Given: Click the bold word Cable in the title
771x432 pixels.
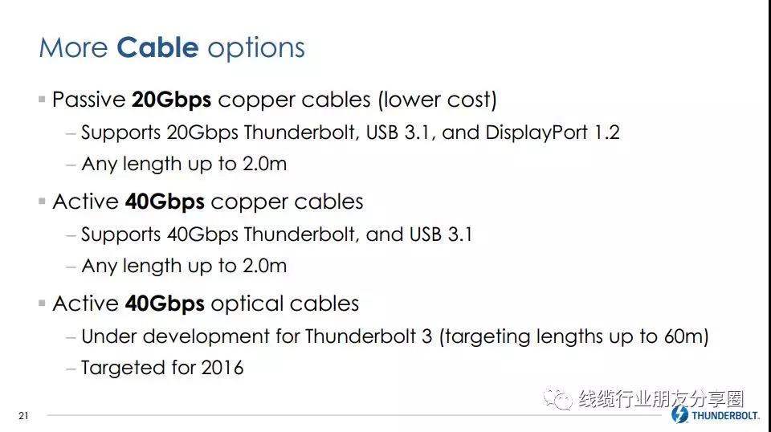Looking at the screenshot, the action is pyautogui.click(x=157, y=47).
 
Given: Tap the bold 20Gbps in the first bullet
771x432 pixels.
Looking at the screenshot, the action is pyautogui.click(x=171, y=100).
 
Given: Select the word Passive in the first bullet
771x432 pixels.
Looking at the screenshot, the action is pyautogui.click(x=89, y=100).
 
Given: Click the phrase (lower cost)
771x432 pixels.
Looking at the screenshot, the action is pyautogui.click(x=437, y=100).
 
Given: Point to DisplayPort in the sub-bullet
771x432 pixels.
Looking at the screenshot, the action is pyautogui.click(x=536, y=132).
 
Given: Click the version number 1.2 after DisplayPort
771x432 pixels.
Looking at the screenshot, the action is pyautogui.click(x=607, y=132).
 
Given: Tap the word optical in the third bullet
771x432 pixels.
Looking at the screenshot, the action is pyautogui.click(x=247, y=304).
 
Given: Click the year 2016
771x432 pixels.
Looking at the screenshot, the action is pyautogui.click(x=222, y=368).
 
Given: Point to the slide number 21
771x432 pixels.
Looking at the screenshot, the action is pyautogui.click(x=23, y=416).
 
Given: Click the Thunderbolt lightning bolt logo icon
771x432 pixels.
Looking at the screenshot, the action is pyautogui.click(x=679, y=414).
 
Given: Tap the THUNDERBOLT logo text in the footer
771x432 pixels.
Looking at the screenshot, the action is pyautogui.click(x=724, y=416).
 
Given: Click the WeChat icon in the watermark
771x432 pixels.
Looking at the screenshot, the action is pyautogui.click(x=558, y=398).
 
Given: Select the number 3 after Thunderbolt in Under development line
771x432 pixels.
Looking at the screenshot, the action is pyautogui.click(x=426, y=336).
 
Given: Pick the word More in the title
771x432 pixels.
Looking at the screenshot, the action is pyautogui.click(x=73, y=48).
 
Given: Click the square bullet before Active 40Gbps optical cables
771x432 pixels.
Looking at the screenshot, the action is pyautogui.click(x=42, y=304).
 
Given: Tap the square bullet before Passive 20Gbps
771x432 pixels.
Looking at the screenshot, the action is pyautogui.click(x=42, y=100).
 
